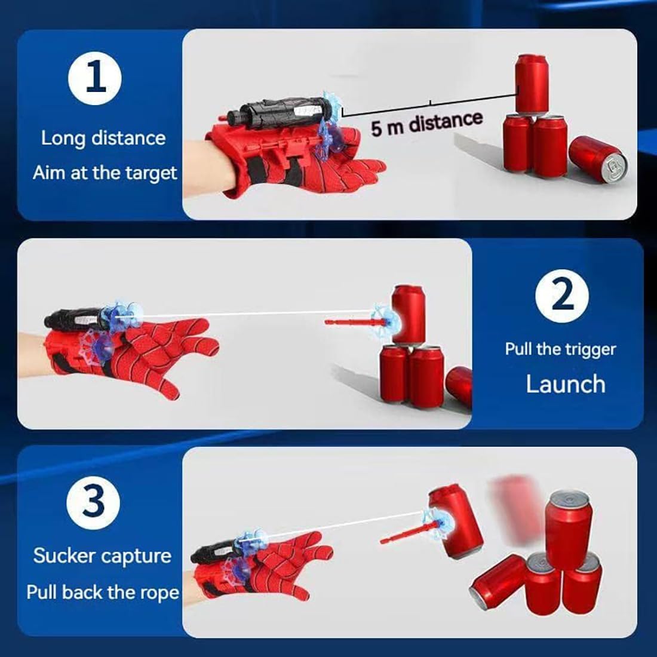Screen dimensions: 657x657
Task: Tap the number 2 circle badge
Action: tap(561, 296)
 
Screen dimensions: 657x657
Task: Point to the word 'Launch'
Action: tap(565, 384)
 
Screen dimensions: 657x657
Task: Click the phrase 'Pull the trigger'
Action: tap(560, 349)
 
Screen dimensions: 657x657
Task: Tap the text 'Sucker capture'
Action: tap(102, 555)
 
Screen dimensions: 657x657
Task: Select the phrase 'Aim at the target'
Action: tap(105, 173)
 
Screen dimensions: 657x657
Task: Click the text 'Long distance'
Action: tap(103, 138)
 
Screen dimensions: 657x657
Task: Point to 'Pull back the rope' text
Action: tap(102, 592)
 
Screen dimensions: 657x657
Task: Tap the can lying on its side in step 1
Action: tap(597, 158)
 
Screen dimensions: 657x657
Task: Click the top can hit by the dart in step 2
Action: tap(409, 314)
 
